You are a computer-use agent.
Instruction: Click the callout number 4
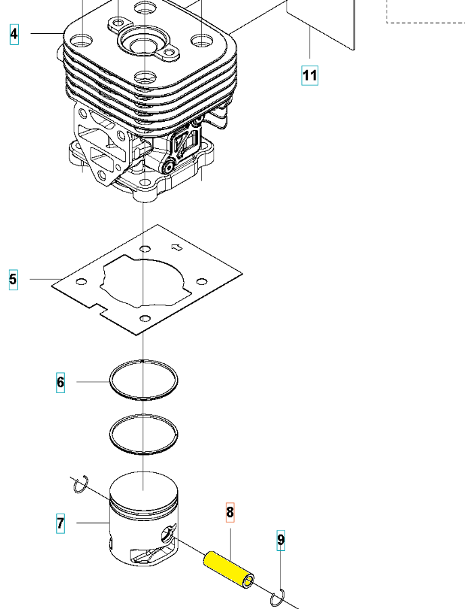click(x=14, y=33)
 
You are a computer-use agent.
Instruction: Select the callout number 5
click(x=13, y=279)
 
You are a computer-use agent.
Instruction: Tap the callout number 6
click(x=61, y=383)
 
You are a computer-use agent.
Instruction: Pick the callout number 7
click(x=61, y=523)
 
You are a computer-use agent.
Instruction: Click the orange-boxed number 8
click(x=230, y=512)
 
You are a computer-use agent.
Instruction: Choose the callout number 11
click(x=310, y=74)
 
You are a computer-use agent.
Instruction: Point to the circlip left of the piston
click(x=82, y=482)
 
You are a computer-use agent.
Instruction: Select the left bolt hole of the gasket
click(x=82, y=281)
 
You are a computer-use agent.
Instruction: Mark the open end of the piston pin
click(x=249, y=581)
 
